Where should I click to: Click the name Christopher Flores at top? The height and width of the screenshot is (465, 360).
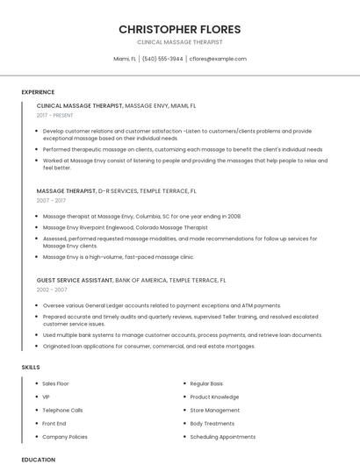click(180, 29)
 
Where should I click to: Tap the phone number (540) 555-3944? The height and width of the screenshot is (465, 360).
click(162, 59)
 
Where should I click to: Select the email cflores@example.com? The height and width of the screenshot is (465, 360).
click(218, 59)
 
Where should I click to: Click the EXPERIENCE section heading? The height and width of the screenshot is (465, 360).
click(38, 91)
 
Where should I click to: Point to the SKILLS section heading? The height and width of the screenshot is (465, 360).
click(31, 367)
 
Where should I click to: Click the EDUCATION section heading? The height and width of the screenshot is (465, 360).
click(39, 459)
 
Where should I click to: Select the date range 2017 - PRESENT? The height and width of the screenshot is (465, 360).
click(55, 115)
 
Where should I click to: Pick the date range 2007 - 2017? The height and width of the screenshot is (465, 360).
click(51, 200)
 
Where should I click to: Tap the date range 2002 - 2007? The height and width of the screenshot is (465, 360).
click(52, 290)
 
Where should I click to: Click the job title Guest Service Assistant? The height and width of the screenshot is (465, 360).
click(75, 280)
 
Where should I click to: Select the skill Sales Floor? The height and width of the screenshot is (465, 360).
click(55, 383)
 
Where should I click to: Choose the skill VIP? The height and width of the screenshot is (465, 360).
click(46, 397)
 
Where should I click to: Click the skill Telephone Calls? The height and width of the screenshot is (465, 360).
click(62, 410)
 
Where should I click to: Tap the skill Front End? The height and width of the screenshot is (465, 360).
click(54, 423)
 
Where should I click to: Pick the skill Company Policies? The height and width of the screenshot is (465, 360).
click(65, 436)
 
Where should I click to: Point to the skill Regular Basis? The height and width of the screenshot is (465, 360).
click(206, 383)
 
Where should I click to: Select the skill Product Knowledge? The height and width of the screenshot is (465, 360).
click(213, 397)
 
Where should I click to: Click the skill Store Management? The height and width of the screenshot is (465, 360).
click(214, 410)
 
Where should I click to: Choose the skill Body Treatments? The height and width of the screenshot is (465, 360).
click(212, 423)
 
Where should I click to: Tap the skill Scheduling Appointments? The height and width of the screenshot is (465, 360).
click(222, 436)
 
